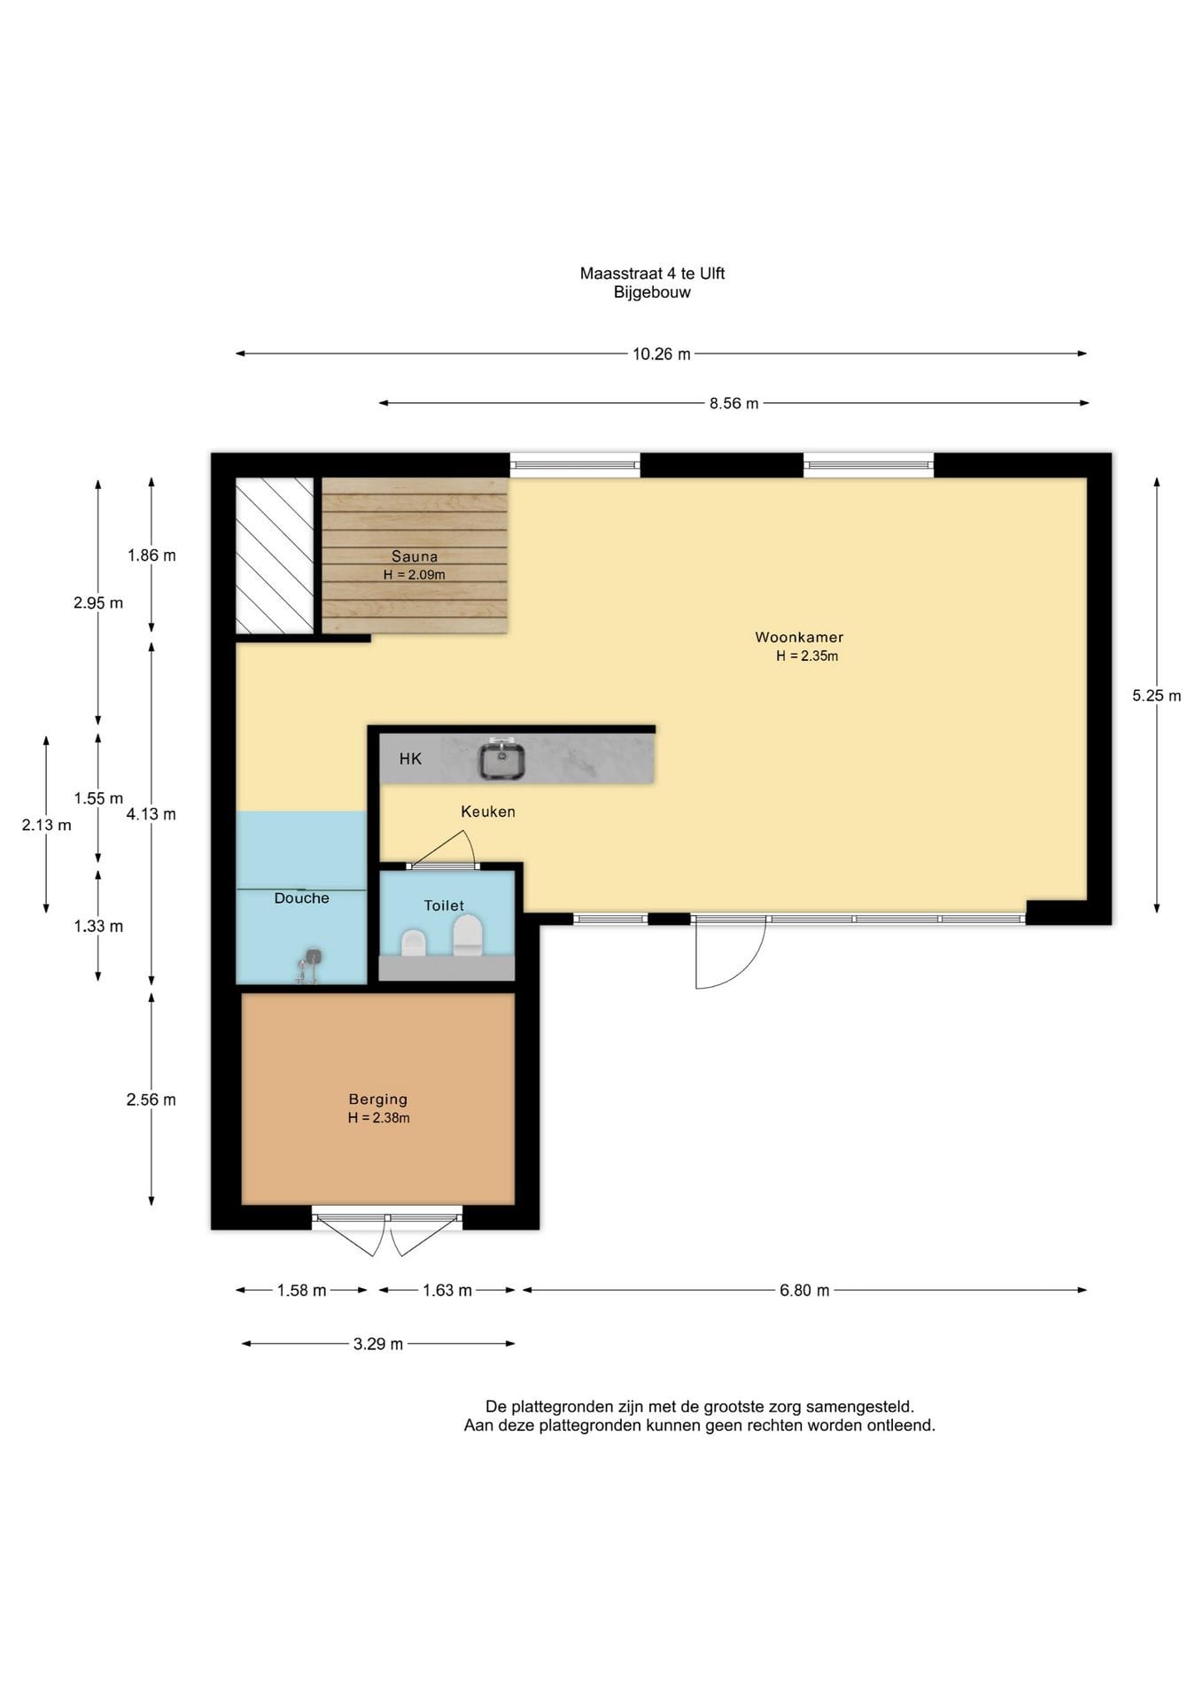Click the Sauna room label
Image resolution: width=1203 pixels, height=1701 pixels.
[415, 556]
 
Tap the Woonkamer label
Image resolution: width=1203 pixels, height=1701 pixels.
[799, 637]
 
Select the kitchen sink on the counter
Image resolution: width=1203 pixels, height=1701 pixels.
[502, 760]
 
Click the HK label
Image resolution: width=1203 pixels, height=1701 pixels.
[410, 758]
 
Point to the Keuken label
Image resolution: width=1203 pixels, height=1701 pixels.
[488, 812]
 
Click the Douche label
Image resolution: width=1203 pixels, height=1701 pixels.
[302, 898]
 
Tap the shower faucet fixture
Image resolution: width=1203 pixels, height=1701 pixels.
[309, 966]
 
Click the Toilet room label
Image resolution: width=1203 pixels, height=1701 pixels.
[444, 905]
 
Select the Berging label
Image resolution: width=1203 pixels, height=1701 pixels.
[378, 1099]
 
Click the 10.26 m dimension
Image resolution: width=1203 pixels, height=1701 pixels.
[662, 354]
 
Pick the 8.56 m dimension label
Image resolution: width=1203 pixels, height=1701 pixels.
[734, 404]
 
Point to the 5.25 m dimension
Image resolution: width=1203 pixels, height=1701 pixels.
[1157, 695]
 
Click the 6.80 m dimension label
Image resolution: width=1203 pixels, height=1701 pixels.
[805, 1291]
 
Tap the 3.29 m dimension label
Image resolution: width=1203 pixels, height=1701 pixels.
[378, 1344]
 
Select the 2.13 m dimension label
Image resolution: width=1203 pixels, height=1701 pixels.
[47, 825]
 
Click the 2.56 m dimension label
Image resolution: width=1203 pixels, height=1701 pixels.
[151, 1099]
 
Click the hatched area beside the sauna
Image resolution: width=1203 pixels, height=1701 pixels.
[275, 555]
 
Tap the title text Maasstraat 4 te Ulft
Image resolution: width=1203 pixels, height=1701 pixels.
[653, 274]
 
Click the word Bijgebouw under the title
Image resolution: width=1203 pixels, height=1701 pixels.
[653, 292]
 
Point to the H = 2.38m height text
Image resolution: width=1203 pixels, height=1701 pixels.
[379, 1118]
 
